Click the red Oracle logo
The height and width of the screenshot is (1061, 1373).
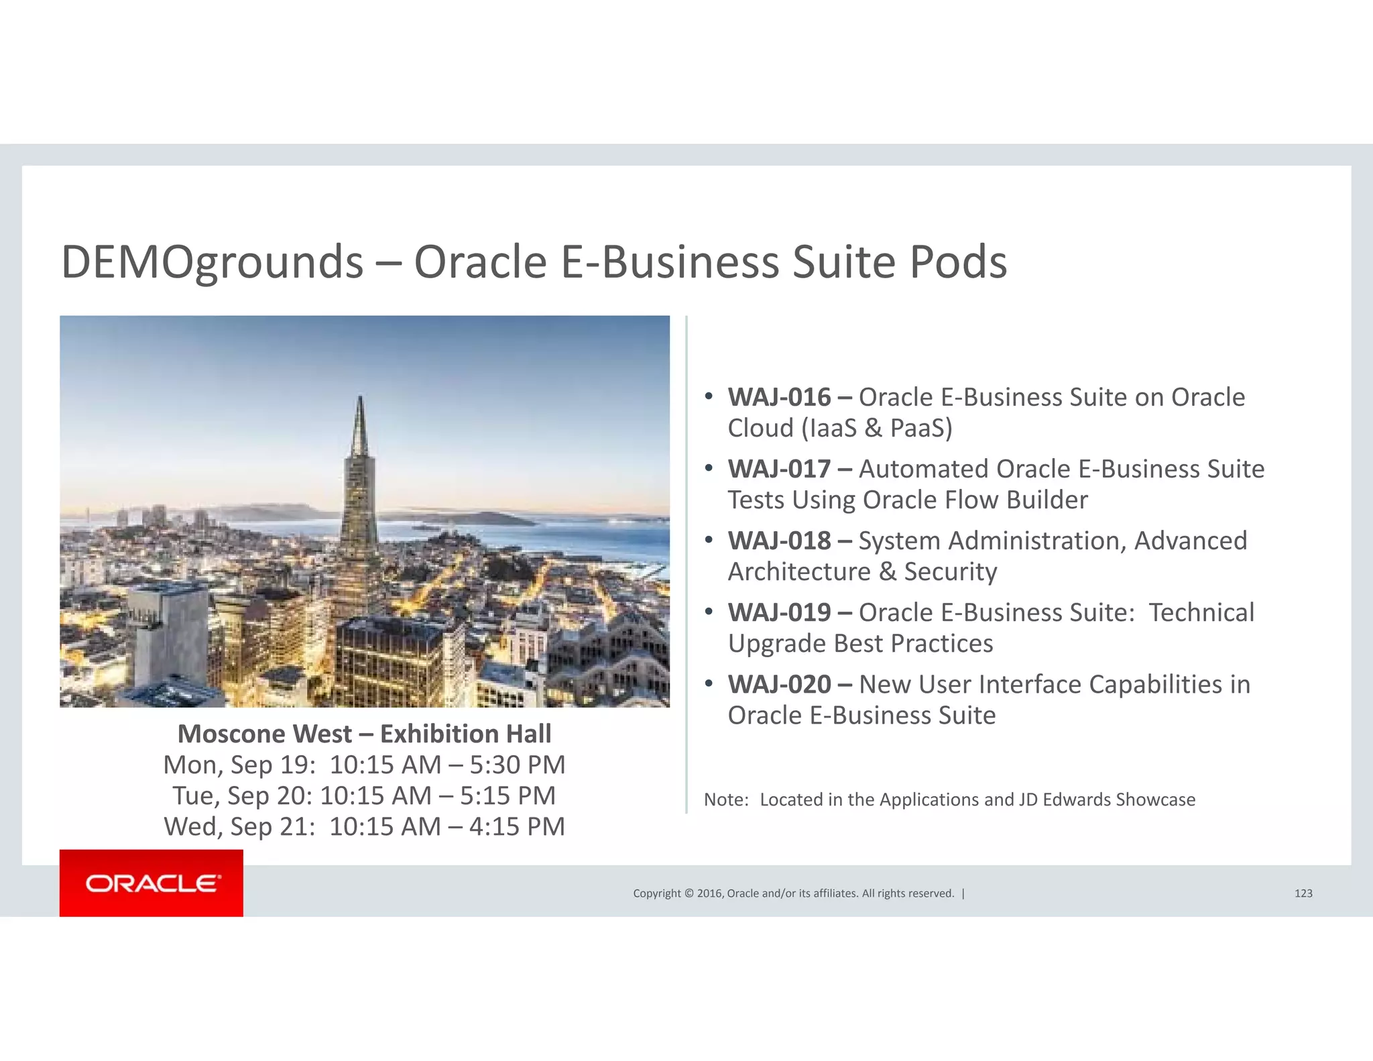point(151,883)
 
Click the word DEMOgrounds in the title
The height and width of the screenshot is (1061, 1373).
point(212,262)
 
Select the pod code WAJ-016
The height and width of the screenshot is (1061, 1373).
point(779,398)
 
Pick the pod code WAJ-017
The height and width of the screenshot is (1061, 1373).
point(779,469)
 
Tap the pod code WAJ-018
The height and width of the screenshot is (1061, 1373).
point(779,541)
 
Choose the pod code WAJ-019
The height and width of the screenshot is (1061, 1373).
point(779,613)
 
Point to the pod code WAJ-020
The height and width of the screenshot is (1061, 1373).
point(779,685)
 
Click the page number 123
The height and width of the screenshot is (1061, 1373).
point(1303,893)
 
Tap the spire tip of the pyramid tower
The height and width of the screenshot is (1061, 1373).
point(360,398)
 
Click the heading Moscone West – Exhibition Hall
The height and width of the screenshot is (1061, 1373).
point(364,734)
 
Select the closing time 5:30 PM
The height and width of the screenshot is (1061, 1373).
point(517,765)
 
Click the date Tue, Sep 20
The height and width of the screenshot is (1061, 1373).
point(242,796)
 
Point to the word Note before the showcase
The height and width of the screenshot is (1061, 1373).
point(725,800)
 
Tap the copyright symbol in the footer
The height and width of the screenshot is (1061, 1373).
point(688,893)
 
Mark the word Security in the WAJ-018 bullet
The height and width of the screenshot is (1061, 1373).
point(950,572)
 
